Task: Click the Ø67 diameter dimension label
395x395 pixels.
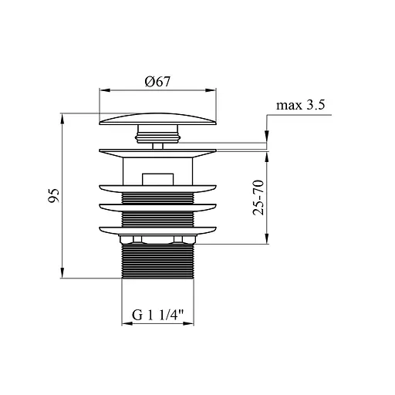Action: [157, 82]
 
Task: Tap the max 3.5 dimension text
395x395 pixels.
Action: [300, 105]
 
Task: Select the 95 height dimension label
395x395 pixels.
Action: [54, 195]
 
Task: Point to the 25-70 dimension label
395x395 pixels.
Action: [258, 197]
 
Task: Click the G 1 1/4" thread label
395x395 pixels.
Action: [157, 315]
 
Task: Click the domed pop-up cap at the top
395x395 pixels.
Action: [157, 119]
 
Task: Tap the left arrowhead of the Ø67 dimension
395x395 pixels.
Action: [105, 90]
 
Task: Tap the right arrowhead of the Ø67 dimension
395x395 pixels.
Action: [211, 90]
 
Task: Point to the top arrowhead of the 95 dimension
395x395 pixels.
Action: [62, 119]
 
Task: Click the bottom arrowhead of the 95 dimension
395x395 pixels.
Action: [62, 272]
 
